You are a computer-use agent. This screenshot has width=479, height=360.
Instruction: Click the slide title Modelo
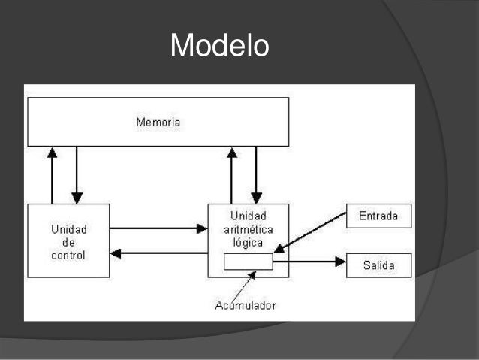click(219, 46)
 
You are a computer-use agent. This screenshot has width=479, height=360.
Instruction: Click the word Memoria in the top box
click(158, 122)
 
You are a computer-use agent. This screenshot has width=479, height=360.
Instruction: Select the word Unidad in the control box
click(68, 229)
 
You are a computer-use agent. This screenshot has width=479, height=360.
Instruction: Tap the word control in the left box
click(68, 255)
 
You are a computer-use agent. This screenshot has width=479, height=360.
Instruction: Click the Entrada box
click(379, 216)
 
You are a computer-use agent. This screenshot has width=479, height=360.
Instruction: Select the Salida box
click(379, 266)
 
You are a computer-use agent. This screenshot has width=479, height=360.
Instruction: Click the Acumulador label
click(245, 305)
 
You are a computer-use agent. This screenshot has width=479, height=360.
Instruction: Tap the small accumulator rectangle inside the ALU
click(249, 262)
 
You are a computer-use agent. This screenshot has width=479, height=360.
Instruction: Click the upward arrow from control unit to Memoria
click(52, 174)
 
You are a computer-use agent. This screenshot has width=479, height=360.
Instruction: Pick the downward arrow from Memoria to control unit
click(77, 174)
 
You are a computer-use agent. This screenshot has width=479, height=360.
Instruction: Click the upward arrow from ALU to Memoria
click(232, 174)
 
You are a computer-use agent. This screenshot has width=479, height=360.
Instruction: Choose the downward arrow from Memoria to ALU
click(256, 174)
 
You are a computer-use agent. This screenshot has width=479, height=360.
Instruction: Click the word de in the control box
click(68, 242)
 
